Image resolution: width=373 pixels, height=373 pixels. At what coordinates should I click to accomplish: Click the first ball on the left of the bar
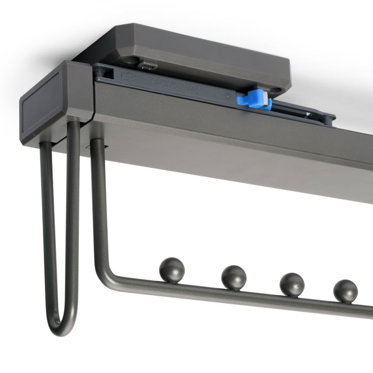[172, 269]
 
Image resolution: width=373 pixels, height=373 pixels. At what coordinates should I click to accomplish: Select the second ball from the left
[234, 277]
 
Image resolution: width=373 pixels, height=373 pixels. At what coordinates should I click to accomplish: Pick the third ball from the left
[291, 285]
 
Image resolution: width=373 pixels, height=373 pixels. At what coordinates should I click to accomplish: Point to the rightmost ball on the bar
[345, 291]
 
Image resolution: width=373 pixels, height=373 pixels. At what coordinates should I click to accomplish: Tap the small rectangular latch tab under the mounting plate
[148, 66]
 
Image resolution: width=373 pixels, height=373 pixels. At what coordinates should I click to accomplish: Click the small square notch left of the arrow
[106, 71]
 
